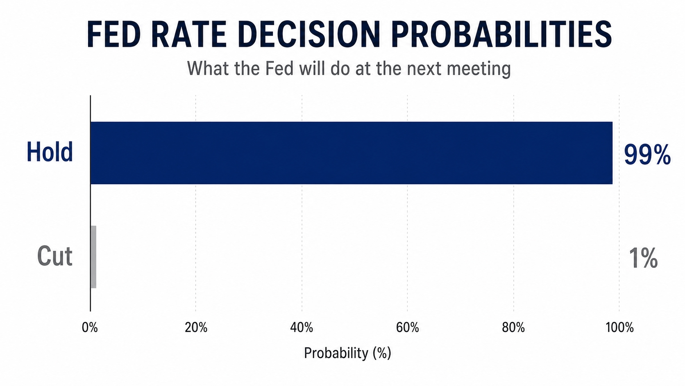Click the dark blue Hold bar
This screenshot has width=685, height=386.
pyautogui.click(x=352, y=153)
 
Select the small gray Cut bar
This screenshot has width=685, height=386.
pyautogui.click(x=93, y=257)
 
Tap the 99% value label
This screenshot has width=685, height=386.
pyautogui.click(x=647, y=155)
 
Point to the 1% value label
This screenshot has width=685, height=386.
pyautogui.click(x=643, y=258)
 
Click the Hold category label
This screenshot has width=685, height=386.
pyautogui.click(x=50, y=152)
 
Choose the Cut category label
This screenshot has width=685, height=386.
pyautogui.click(x=55, y=256)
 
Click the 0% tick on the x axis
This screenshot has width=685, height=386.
pyautogui.click(x=90, y=327)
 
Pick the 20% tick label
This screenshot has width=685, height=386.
pyautogui.click(x=196, y=327)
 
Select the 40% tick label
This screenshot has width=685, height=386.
pyautogui.click(x=302, y=327)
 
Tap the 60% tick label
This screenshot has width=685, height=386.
pyautogui.click(x=407, y=327)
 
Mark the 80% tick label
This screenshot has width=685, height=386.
pyautogui.click(x=513, y=327)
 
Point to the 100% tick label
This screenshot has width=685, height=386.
pyautogui.click(x=620, y=327)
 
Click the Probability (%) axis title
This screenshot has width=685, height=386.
pyautogui.click(x=348, y=353)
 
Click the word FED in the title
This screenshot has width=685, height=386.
pyautogui.click(x=114, y=34)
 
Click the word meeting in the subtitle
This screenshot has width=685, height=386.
pyautogui.click(x=479, y=69)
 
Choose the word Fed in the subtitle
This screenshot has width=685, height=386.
pyautogui.click(x=279, y=68)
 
